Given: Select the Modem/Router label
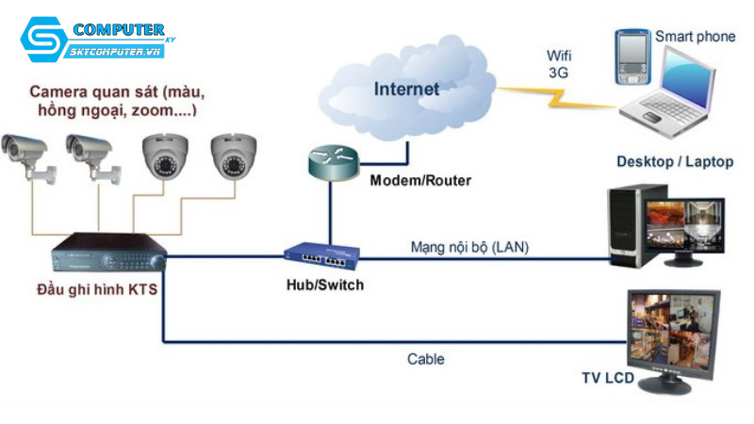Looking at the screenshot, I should click(419, 180).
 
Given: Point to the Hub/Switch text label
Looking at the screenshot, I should click(324, 285).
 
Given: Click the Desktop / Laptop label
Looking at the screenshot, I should click(674, 161).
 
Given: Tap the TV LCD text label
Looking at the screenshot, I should click(608, 379).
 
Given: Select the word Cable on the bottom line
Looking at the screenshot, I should click(425, 359).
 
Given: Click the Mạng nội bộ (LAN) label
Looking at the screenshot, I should click(469, 247).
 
